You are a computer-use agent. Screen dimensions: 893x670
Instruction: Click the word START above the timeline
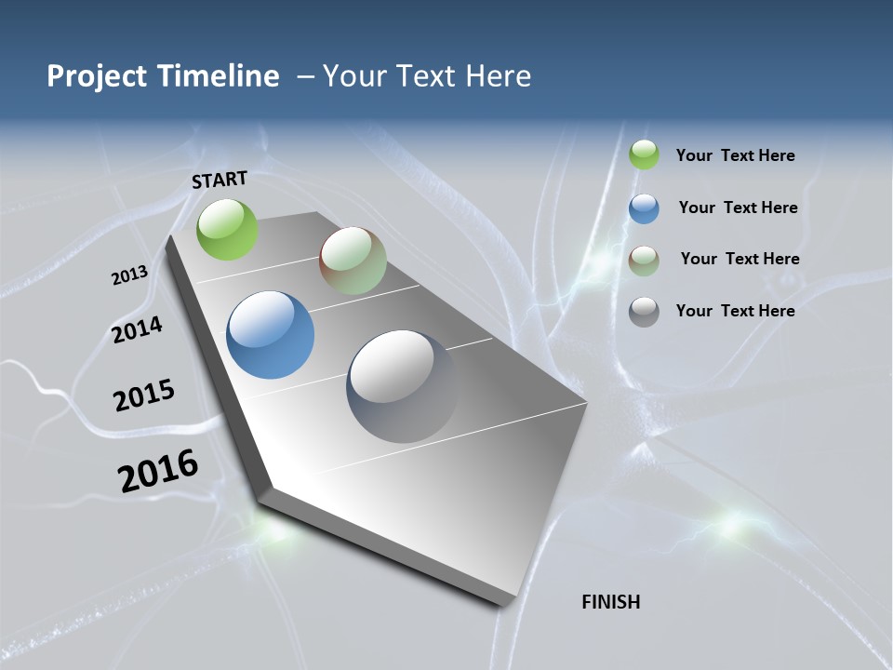click(220, 180)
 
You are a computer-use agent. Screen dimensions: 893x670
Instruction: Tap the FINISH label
click(611, 602)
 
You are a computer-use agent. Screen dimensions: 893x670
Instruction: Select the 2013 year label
click(129, 275)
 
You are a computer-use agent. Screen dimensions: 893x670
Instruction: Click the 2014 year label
click(137, 329)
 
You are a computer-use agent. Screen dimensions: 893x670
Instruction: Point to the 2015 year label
click(144, 395)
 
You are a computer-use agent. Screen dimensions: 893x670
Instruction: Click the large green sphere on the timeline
click(228, 229)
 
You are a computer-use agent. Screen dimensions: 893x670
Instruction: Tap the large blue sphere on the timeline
click(270, 334)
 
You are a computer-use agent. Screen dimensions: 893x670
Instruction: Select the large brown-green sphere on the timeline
click(353, 261)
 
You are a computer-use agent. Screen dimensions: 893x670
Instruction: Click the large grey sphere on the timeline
click(402, 385)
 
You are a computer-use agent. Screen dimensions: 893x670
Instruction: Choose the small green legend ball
click(644, 154)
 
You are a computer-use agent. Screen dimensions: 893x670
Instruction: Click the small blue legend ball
click(644, 208)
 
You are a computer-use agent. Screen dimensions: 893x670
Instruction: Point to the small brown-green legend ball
click(644, 261)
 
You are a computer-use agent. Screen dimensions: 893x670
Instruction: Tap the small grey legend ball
click(644, 312)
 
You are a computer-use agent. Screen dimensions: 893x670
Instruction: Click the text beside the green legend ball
click(735, 155)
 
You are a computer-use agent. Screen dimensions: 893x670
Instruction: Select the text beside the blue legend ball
click(738, 208)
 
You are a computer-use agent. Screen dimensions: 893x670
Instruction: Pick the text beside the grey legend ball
click(735, 311)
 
